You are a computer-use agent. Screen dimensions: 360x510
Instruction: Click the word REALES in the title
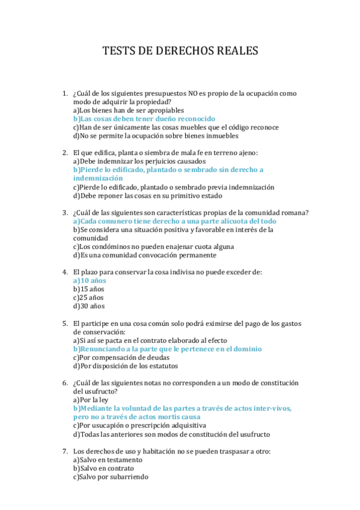click(x=233, y=51)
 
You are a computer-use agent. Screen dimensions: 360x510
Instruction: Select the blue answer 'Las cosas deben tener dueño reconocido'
click(x=144, y=119)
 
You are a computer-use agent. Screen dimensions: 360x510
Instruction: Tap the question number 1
click(x=64, y=94)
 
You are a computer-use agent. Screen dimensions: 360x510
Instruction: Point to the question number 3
click(x=64, y=212)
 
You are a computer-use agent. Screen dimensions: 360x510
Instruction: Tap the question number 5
click(x=64, y=323)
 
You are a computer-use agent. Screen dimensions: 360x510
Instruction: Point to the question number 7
click(x=64, y=451)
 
